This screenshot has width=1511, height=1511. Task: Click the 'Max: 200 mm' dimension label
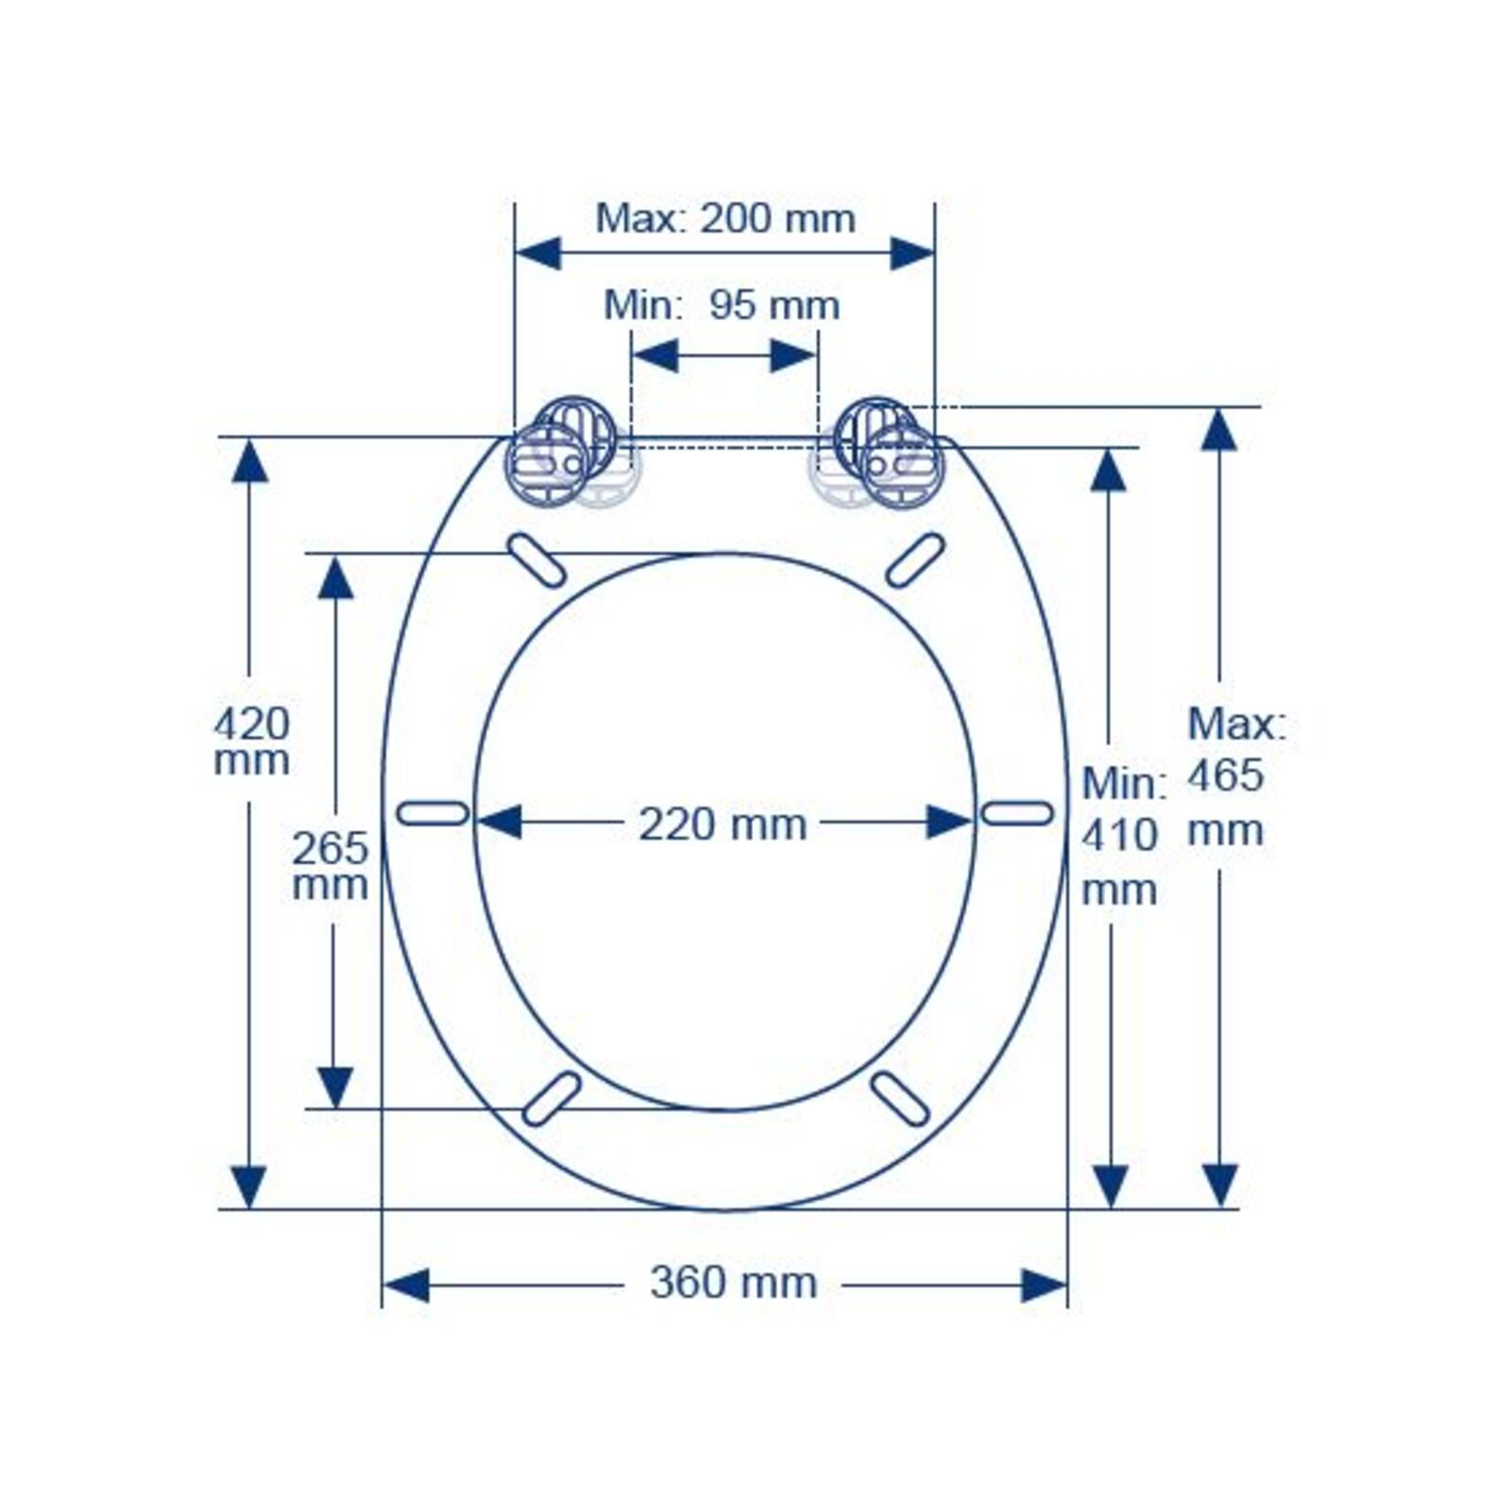(725, 219)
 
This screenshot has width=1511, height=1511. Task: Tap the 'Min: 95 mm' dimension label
(722, 305)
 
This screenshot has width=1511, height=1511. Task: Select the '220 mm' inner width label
(722, 824)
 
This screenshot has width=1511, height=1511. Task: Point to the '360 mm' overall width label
(733, 1282)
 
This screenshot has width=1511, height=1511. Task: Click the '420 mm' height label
(251, 742)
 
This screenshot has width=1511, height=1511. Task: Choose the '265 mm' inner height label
(330, 866)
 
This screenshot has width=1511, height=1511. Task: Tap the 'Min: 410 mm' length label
(1123, 836)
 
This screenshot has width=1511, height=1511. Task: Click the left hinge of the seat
(561, 453)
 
